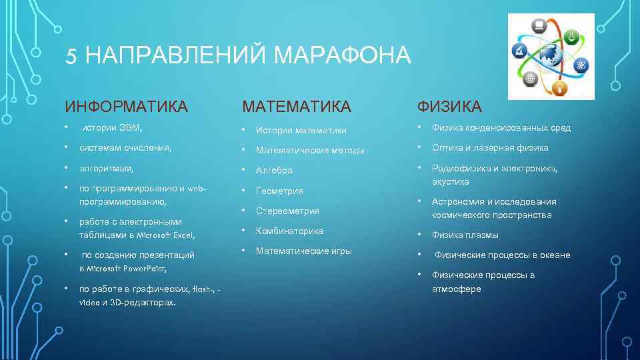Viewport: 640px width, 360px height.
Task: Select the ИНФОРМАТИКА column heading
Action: coord(126,106)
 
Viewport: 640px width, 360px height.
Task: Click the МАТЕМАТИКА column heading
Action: coord(296,107)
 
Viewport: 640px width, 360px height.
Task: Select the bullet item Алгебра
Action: coord(274,171)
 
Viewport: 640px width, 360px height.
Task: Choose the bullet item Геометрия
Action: coord(279,191)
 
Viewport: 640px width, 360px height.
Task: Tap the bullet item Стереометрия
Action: coord(287,211)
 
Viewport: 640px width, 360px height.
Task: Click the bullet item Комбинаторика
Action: coord(289,231)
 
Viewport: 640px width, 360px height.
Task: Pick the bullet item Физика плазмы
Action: coord(465,235)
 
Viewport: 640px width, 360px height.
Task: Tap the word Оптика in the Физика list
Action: coord(447,147)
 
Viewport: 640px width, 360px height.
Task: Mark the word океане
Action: coord(555,255)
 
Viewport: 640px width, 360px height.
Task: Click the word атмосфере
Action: coord(456,289)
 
